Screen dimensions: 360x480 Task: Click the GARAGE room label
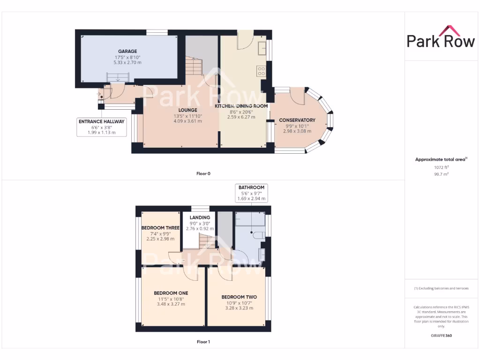pyautogui.click(x=127, y=51)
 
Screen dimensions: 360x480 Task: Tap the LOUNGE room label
pyautogui.click(x=187, y=110)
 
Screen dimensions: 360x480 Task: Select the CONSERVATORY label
pyautogui.click(x=297, y=120)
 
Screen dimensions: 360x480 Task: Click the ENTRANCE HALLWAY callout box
pyautogui.click(x=101, y=127)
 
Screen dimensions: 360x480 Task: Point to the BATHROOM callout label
pyautogui.click(x=251, y=187)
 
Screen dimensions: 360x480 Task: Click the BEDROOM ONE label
pyautogui.click(x=171, y=293)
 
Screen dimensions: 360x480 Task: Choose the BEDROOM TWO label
pyautogui.click(x=239, y=297)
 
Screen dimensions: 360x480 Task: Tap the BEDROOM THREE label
pyautogui.click(x=160, y=228)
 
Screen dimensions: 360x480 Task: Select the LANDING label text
pyautogui.click(x=200, y=218)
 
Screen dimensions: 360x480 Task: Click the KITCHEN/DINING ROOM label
pyautogui.click(x=241, y=106)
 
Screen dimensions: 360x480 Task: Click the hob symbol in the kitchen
pyautogui.click(x=261, y=71)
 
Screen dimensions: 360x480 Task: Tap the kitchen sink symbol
pyautogui.click(x=262, y=47)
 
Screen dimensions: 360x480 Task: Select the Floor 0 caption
pyautogui.click(x=203, y=174)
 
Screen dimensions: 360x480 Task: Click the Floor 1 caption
pyautogui.click(x=203, y=342)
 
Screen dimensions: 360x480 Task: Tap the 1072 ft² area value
pyautogui.click(x=441, y=167)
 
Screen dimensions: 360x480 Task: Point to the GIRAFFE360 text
pyautogui.click(x=441, y=336)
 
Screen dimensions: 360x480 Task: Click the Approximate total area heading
pyautogui.click(x=441, y=159)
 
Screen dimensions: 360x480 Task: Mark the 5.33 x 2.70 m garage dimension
pyautogui.click(x=127, y=62)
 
